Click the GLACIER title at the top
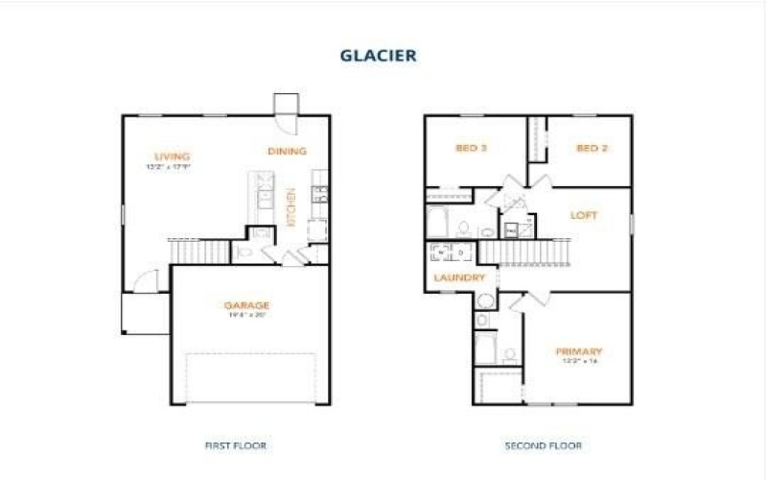pyautogui.click(x=378, y=55)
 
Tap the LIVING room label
pyautogui.click(x=173, y=156)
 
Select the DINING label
pyautogui.click(x=287, y=151)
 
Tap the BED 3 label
pyautogui.click(x=471, y=148)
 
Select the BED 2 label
pyautogui.click(x=592, y=148)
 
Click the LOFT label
pyautogui.click(x=584, y=215)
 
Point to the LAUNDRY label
pyautogui.click(x=454, y=277)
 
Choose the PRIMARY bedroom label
pyautogui.click(x=578, y=351)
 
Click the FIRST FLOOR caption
pyautogui.click(x=235, y=445)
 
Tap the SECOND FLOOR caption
pyautogui.click(x=543, y=445)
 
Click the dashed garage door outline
pyautogui.click(x=250, y=377)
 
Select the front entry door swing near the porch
pyautogui.click(x=145, y=281)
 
